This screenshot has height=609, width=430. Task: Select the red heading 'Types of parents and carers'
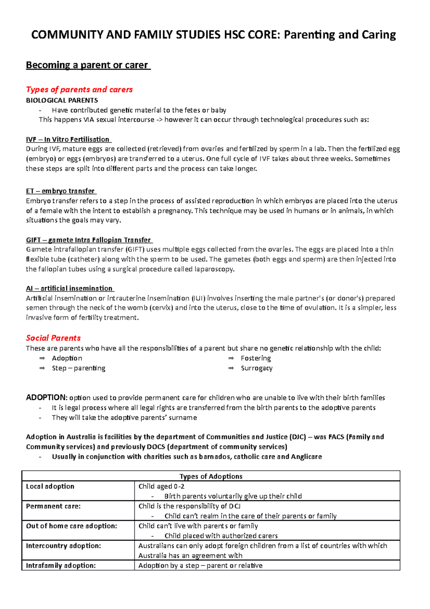79,89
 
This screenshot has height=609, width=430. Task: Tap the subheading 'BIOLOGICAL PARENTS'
62,100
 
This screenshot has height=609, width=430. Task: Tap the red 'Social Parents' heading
53,338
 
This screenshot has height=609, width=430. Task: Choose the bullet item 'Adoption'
67,358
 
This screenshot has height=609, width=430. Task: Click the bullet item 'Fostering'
256,358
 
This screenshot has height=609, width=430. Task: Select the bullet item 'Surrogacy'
257,368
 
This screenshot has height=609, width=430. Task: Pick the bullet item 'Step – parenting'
78,368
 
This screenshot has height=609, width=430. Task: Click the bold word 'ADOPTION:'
46,397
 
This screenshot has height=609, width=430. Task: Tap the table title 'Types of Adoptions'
211,476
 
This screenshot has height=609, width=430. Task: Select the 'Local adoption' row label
50,486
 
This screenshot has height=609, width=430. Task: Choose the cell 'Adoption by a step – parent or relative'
200,566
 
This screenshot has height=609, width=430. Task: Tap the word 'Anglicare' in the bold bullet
306,457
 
